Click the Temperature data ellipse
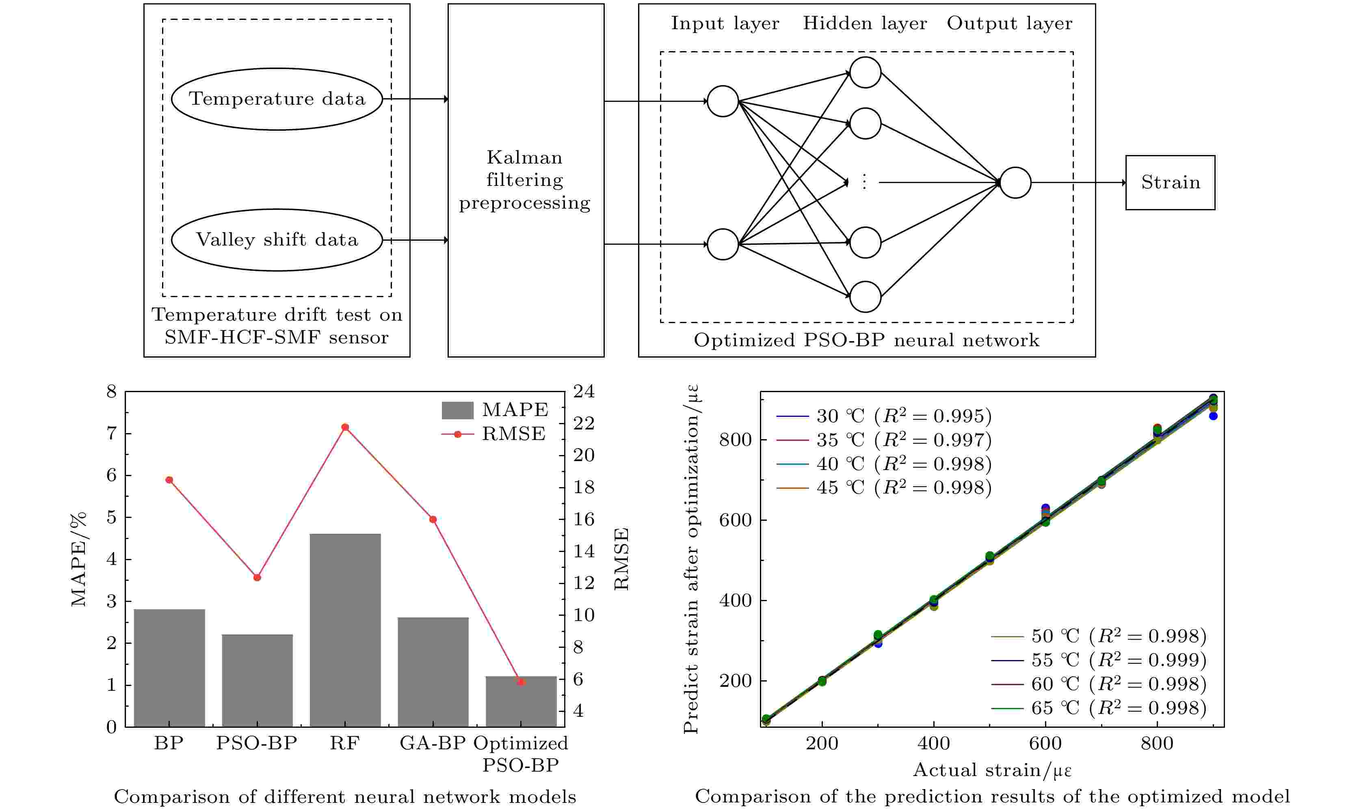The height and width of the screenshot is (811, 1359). [x=277, y=99]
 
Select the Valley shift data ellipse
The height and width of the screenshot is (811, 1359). [x=277, y=240]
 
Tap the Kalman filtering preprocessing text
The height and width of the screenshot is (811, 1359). [x=525, y=180]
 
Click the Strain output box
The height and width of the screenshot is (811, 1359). [x=1170, y=183]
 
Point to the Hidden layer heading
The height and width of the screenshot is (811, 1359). [x=864, y=24]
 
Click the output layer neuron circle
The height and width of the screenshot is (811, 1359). [x=1015, y=183]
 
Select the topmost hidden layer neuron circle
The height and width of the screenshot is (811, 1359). [x=866, y=73]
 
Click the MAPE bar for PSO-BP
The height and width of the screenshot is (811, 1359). [x=257, y=680]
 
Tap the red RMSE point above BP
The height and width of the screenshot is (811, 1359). [x=169, y=480]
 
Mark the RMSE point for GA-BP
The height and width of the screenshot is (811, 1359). [x=433, y=519]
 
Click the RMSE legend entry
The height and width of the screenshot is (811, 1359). [x=493, y=434]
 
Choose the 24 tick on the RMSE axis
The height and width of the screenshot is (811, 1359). [x=584, y=391]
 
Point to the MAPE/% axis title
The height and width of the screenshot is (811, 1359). [x=79, y=559]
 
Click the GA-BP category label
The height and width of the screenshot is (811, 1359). [x=433, y=743]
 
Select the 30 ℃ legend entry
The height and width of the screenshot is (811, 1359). [x=883, y=416]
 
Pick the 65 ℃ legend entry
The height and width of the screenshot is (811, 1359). [x=1098, y=708]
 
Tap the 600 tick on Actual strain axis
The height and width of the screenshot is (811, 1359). [x=1045, y=743]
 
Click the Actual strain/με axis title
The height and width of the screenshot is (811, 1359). [x=992, y=770]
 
